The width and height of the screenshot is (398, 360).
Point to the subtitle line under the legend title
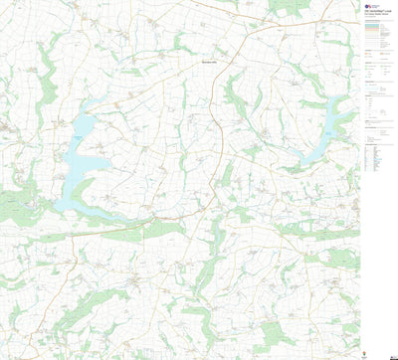[378, 15]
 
